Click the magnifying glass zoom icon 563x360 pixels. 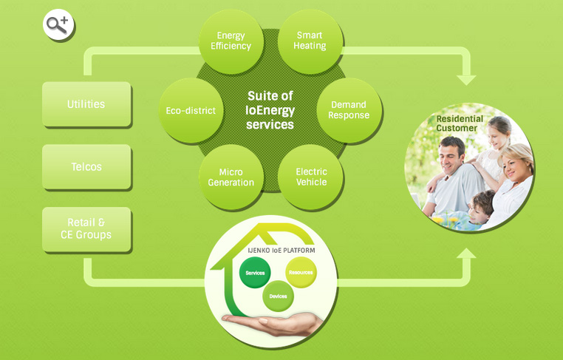(58, 26)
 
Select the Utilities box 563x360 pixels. (86, 104)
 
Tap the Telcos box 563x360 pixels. (86, 167)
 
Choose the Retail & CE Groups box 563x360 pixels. (86, 229)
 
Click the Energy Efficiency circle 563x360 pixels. (231, 41)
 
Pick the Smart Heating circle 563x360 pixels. (310, 41)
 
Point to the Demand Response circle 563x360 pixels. (349, 110)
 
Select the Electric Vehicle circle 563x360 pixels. (311, 177)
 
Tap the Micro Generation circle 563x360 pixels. (231, 177)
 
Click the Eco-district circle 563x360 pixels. (191, 111)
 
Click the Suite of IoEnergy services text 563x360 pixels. (270, 111)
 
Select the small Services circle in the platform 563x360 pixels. (255, 274)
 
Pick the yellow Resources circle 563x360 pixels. (301, 272)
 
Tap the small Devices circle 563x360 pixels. (278, 296)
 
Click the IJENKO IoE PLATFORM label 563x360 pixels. (281, 251)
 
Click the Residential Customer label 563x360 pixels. (460, 123)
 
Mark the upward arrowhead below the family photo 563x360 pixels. (466, 254)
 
